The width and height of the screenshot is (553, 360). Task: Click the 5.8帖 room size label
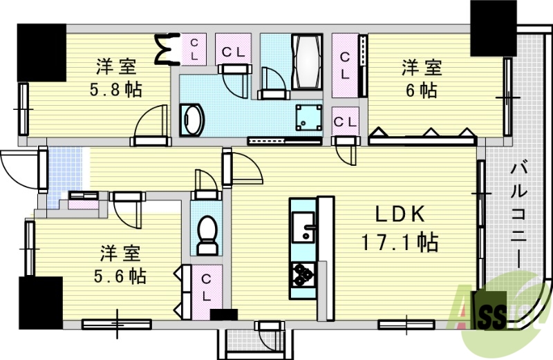(115, 91)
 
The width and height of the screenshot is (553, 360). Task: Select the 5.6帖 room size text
(119, 276)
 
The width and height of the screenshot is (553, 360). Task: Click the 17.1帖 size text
(399, 243)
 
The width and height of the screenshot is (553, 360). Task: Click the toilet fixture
(206, 235)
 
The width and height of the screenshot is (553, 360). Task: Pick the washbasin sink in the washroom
(192, 120)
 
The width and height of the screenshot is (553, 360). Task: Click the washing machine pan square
(308, 117)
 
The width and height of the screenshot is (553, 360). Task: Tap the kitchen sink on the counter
(302, 225)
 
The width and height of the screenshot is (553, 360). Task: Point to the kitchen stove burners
(302, 274)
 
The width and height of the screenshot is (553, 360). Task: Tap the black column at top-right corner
(492, 28)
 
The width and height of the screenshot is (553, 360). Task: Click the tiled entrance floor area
(63, 169)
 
